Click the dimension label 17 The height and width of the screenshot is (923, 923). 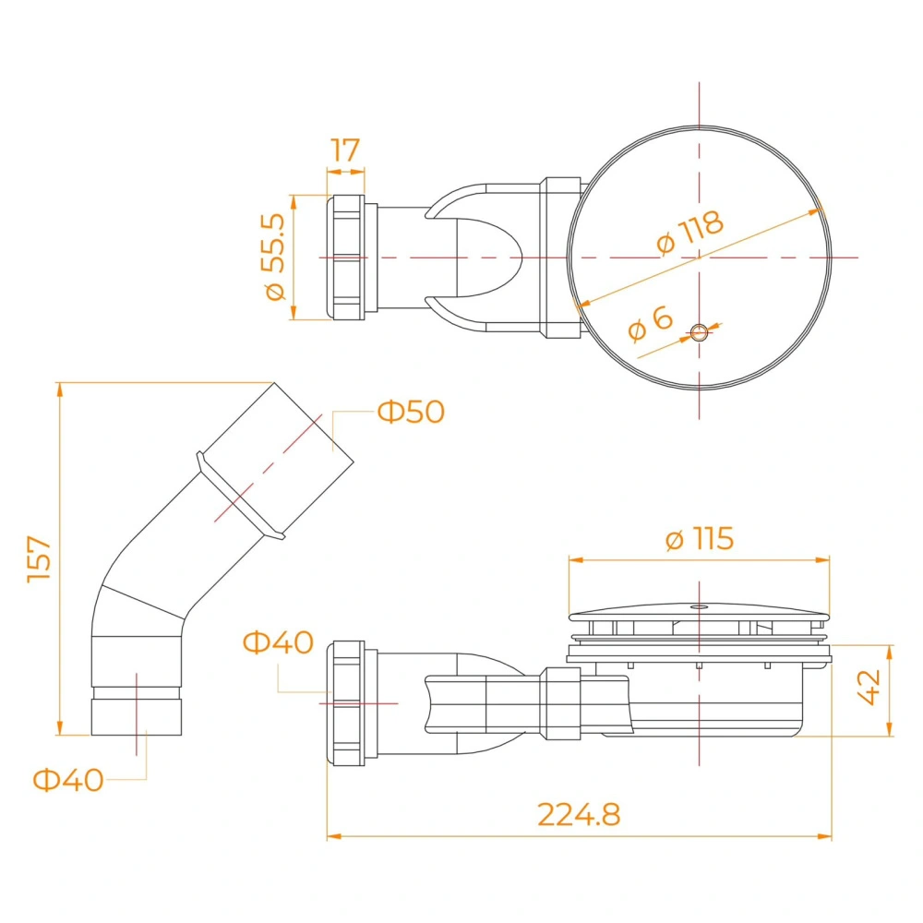[345, 150]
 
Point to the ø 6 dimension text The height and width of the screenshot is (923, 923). [650, 323]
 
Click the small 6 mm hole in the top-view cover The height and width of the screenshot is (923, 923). [699, 332]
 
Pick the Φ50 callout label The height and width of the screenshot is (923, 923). [411, 412]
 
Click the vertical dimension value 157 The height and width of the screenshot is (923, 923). [40, 558]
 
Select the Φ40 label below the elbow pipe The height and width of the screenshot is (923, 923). [68, 780]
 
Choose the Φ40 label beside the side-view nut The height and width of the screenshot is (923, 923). [279, 642]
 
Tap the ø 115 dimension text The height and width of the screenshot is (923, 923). [700, 539]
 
